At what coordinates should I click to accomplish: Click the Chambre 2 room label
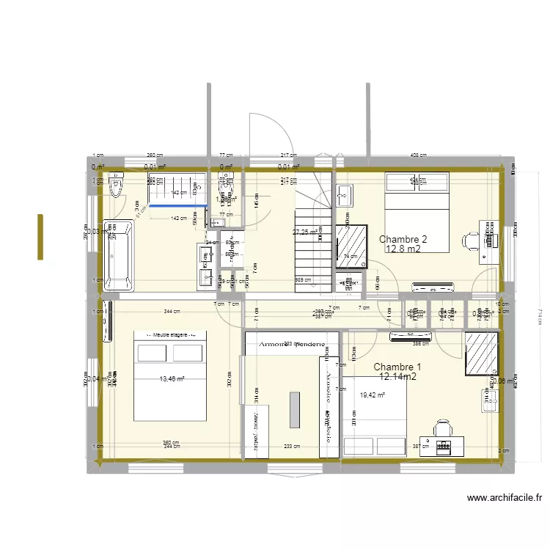tap(403, 239)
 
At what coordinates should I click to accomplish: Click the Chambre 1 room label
tap(397, 367)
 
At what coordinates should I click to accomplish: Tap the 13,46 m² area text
tap(172, 379)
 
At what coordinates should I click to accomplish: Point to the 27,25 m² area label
tap(305, 232)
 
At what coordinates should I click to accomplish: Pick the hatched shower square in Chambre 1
tap(483, 353)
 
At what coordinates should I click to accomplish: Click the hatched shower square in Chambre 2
tap(351, 243)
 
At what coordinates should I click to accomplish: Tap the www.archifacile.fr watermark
tap(505, 498)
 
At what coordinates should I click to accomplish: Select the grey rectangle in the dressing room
tap(295, 410)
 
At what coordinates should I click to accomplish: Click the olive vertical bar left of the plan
tap(40, 236)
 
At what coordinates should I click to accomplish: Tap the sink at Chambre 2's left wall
tap(345, 196)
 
